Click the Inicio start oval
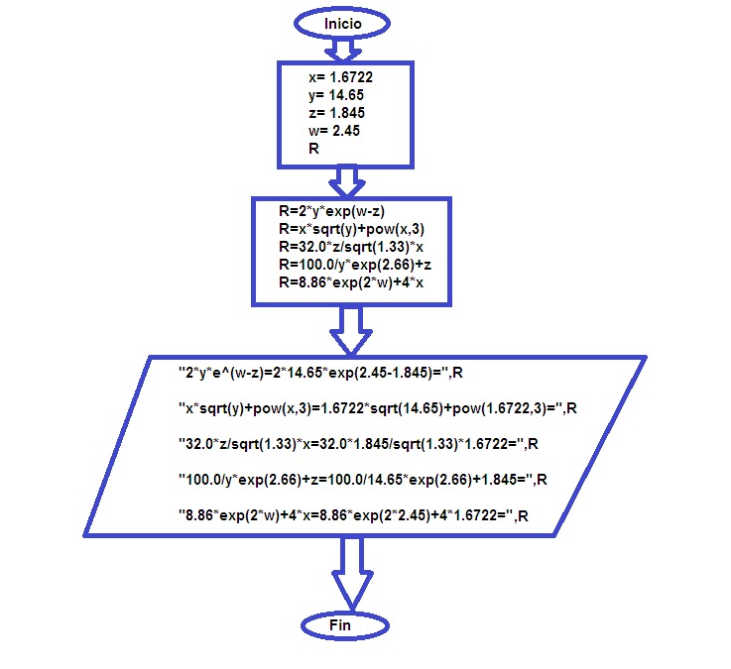point(341,22)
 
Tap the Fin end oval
point(340,625)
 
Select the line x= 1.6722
point(342,75)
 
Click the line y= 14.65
point(336,94)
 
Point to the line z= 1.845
point(337,113)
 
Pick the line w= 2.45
point(333,131)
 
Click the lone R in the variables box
point(314,149)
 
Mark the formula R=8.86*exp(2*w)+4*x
point(350,283)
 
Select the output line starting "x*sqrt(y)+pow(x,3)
point(378,407)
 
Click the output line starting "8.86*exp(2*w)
point(351,514)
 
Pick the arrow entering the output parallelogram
point(349,329)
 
